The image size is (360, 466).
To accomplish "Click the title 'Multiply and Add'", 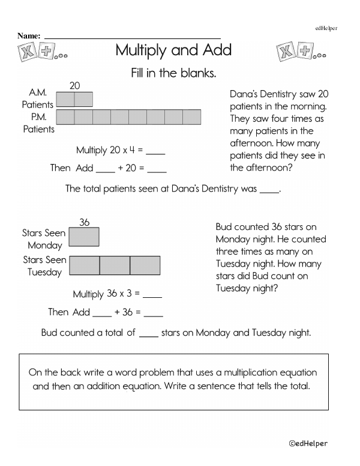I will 173,50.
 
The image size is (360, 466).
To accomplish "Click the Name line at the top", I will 133,37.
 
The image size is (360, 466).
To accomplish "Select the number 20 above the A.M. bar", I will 75,86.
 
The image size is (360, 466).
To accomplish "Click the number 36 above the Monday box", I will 85,222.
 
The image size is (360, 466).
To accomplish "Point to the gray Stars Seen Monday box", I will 85,237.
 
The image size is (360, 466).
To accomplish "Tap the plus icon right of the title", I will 306,52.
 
